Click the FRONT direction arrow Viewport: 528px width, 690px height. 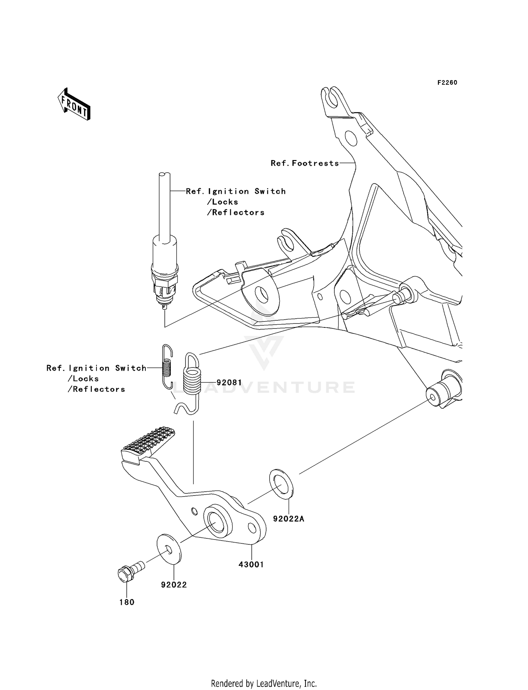point(74,104)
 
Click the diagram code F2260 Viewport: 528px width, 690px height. point(447,83)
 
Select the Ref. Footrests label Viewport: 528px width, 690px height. point(304,163)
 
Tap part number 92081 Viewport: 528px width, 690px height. point(229,382)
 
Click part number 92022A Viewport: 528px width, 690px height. point(288,519)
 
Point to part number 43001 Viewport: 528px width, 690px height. point(251,564)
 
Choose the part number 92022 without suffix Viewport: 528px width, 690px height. point(174,585)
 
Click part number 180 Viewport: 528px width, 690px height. point(127,602)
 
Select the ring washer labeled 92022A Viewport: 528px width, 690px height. point(281,484)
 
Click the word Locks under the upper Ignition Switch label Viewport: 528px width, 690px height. point(222,202)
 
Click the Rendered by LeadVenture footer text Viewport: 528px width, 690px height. point(264,684)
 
